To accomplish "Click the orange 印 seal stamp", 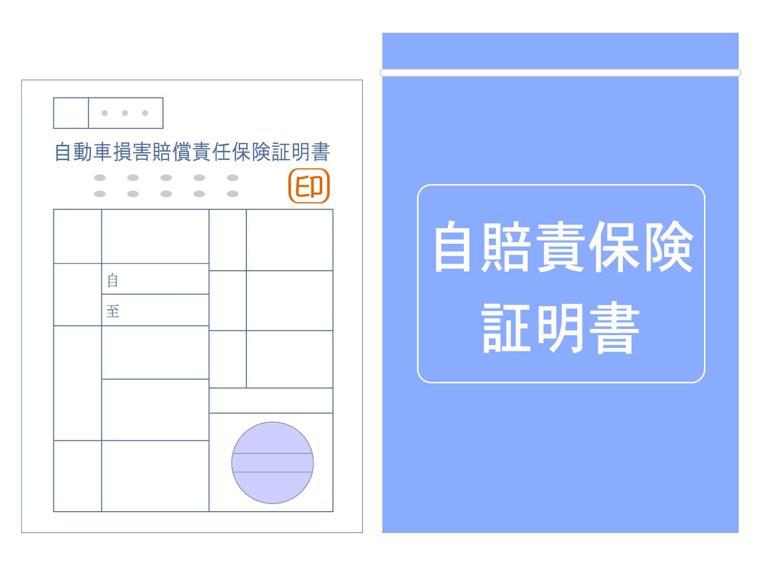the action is pyautogui.click(x=309, y=186).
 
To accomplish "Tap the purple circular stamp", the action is pyautogui.click(x=272, y=462).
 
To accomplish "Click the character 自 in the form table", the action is pyautogui.click(x=113, y=280).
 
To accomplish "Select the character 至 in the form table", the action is pyautogui.click(x=113, y=311).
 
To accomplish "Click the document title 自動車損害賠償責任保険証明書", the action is pyautogui.click(x=192, y=152).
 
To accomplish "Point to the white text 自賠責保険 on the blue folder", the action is pyautogui.click(x=563, y=247).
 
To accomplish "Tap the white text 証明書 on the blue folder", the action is pyautogui.click(x=560, y=328).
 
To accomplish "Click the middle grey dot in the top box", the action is pyautogui.click(x=125, y=113).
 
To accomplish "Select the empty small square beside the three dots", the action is pyautogui.click(x=71, y=113).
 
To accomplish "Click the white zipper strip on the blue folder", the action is pyautogui.click(x=560, y=73).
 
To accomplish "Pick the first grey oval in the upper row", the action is pyautogui.click(x=100, y=177).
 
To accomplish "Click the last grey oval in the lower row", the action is pyautogui.click(x=233, y=194).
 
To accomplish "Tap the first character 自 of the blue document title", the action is pyautogui.click(x=63, y=152).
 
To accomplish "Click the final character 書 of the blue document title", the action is pyautogui.click(x=320, y=152).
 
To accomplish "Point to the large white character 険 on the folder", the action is pyautogui.click(x=669, y=247).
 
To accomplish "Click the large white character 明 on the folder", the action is pyautogui.click(x=560, y=328).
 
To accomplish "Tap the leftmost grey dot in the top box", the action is pyautogui.click(x=105, y=113).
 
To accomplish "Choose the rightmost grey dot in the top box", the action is pyautogui.click(x=145, y=113).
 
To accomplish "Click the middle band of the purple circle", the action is pyautogui.click(x=272, y=462).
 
